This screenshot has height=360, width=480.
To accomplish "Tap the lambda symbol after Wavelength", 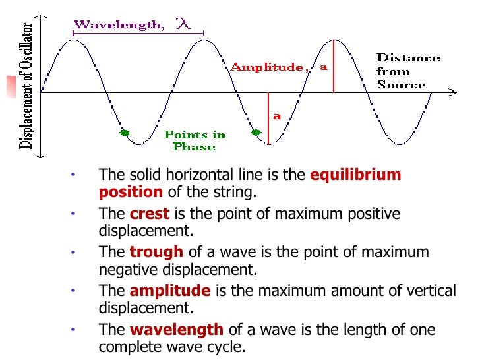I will click(x=183, y=24).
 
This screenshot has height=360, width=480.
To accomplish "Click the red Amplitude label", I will click(x=266, y=67).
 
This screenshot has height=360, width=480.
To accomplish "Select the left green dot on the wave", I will click(x=124, y=133).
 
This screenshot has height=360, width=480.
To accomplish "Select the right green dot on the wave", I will click(x=256, y=133).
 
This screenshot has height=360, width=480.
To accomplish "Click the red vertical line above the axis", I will click(x=334, y=66).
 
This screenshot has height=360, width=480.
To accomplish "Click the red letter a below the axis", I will click(x=277, y=116).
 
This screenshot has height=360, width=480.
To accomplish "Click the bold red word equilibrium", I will click(x=355, y=175).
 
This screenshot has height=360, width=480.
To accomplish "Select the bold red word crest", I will click(x=150, y=214).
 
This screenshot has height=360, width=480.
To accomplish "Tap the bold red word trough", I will click(x=157, y=252).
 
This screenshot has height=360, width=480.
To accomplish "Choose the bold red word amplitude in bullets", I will click(x=170, y=291).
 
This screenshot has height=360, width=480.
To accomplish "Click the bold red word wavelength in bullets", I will click(x=177, y=329).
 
